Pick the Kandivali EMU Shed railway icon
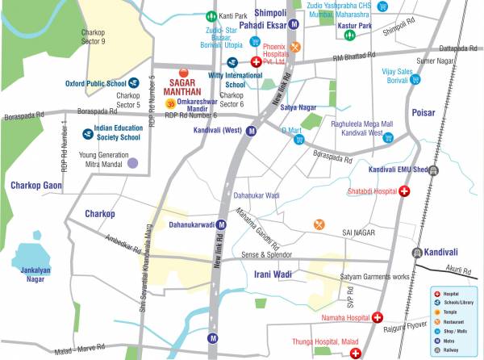tap(434, 170)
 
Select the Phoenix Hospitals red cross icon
tap(257, 62)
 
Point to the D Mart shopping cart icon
tap(298, 140)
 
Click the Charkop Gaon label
tap(35, 186)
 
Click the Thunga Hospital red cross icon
tap(356, 352)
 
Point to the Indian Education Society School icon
tap(87, 133)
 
